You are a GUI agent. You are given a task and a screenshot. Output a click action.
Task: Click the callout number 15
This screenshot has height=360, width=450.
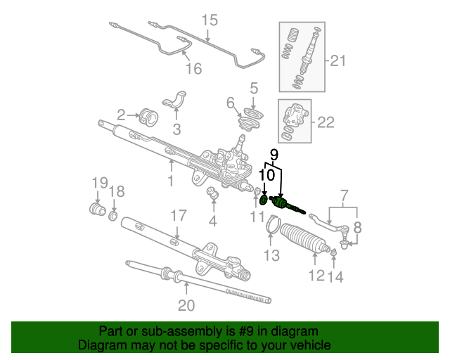click(x=210, y=20)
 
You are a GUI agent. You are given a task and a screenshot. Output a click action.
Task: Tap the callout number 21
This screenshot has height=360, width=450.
click(x=337, y=61)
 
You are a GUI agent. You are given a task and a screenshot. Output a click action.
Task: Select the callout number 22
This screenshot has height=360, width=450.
click(x=326, y=122)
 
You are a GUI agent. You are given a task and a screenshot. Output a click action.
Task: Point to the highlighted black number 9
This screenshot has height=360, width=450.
click(x=274, y=155)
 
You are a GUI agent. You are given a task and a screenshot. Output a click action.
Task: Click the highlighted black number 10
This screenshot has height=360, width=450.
click(x=267, y=175)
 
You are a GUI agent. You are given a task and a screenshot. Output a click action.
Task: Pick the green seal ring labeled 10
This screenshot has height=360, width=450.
click(x=264, y=200)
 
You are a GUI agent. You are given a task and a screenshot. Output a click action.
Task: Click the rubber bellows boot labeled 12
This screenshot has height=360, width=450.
click(x=304, y=238)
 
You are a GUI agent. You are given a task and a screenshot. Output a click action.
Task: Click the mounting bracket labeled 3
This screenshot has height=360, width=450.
click(x=174, y=101)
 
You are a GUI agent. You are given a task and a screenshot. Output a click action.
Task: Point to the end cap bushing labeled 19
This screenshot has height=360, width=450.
click(x=97, y=209)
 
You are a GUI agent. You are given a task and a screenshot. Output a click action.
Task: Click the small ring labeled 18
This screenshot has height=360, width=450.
click(x=113, y=216)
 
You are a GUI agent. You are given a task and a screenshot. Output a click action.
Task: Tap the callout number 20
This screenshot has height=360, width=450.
click(x=186, y=305)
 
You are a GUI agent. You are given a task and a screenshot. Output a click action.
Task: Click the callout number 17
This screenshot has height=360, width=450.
click(x=179, y=216)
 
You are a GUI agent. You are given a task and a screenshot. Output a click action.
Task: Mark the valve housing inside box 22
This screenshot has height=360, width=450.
click(x=295, y=116)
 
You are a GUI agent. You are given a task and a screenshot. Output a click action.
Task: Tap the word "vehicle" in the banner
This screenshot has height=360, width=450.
click(x=312, y=345)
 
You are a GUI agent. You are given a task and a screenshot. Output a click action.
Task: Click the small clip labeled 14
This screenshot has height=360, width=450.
click(x=333, y=252)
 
